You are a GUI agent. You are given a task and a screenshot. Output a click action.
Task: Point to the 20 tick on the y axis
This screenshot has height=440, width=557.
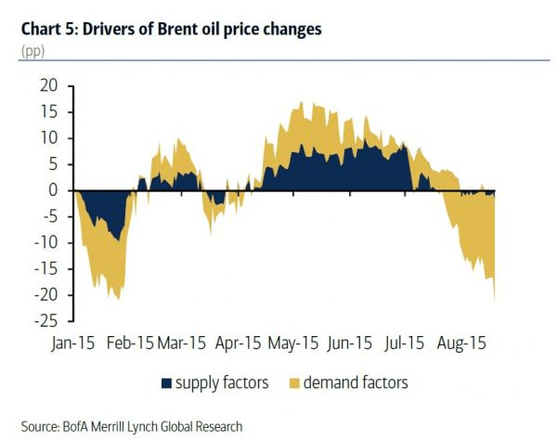48,85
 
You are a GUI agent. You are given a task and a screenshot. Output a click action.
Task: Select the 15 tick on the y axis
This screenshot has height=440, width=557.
48,111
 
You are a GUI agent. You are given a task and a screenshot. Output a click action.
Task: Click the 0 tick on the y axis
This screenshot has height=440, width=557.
53,190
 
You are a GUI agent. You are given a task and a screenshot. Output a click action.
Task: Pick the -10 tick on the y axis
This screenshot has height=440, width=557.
45,242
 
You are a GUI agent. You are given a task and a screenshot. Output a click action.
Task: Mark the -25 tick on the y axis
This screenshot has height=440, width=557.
45,321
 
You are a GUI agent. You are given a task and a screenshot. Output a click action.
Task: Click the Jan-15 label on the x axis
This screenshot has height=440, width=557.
75,343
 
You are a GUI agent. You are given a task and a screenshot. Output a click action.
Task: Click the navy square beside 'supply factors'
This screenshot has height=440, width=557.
167,382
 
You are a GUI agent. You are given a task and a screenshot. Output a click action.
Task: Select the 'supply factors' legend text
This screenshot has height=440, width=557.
222,382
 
